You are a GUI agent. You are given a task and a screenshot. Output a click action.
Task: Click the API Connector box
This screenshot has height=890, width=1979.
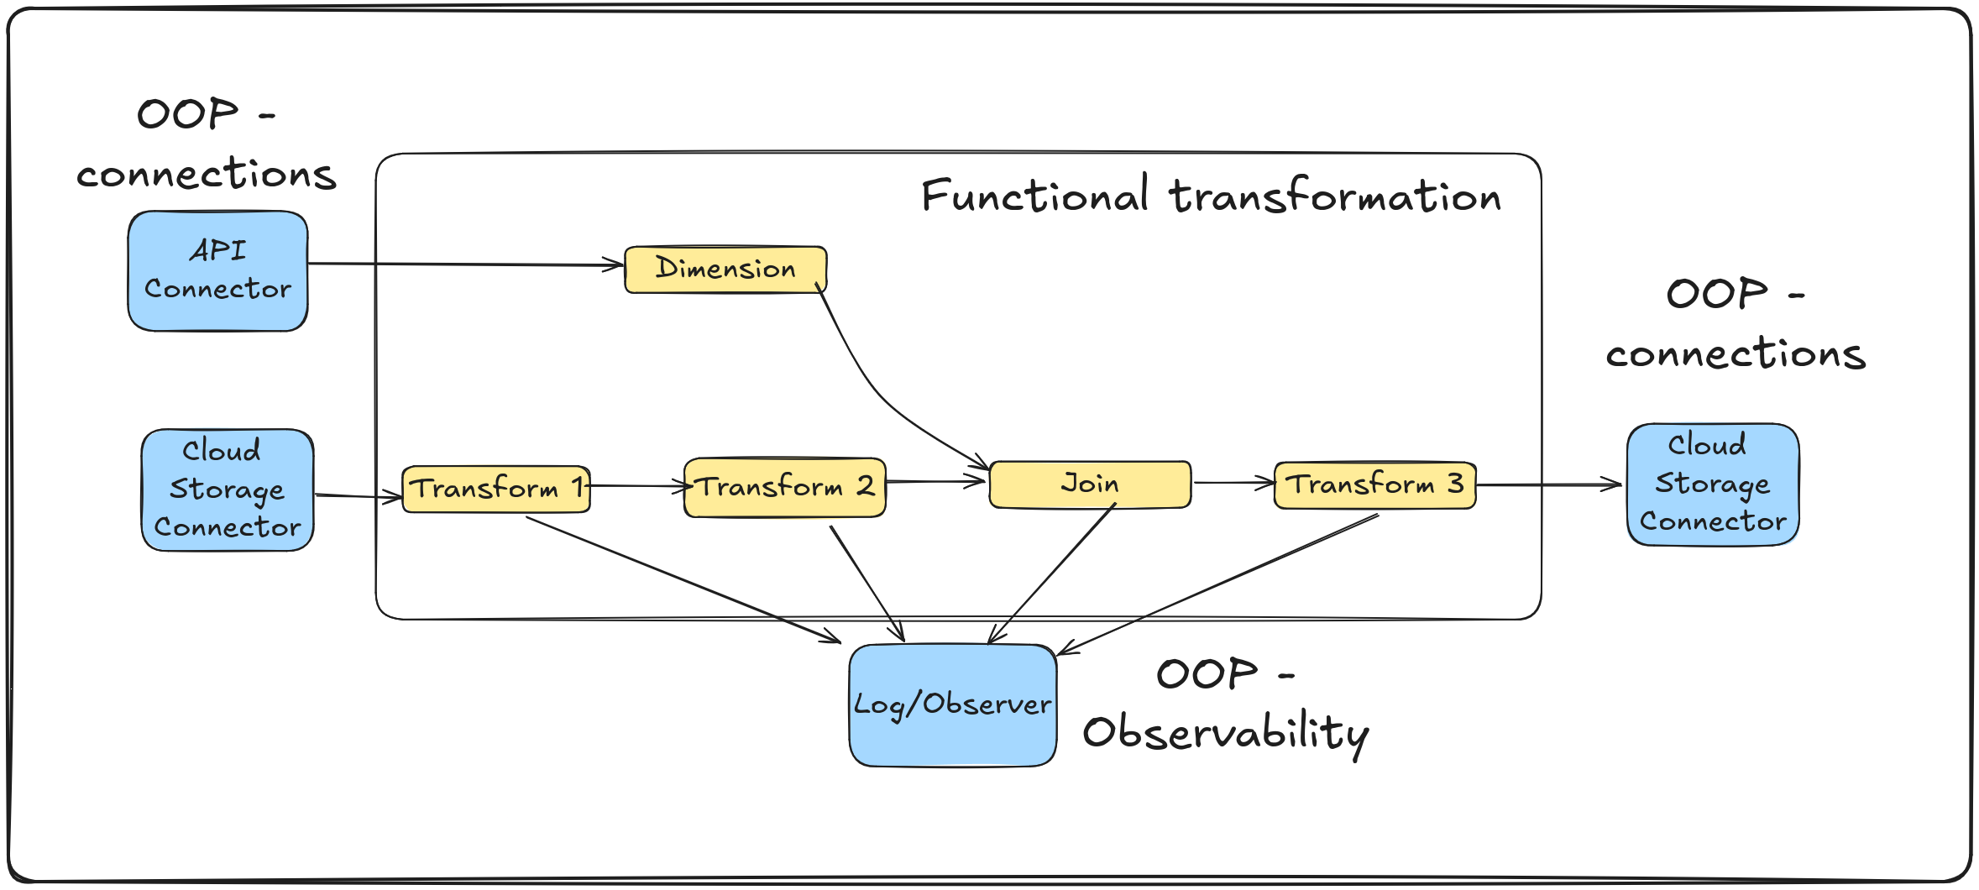[217, 270]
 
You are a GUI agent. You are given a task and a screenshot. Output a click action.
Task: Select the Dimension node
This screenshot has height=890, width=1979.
[725, 269]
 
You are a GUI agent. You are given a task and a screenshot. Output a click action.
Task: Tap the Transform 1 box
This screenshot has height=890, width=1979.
[495, 489]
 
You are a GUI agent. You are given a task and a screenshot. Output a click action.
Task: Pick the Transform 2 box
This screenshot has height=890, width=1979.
[785, 487]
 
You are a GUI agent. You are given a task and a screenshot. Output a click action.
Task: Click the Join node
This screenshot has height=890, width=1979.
[1090, 484]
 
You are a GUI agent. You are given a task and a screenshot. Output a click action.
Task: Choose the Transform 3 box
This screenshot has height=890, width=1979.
[1374, 484]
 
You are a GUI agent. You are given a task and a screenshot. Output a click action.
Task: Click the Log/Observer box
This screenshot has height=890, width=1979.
[952, 704]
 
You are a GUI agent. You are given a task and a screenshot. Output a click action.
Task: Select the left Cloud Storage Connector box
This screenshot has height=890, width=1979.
[228, 489]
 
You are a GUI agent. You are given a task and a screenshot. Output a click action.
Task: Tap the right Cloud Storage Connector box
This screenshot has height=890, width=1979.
[1713, 484]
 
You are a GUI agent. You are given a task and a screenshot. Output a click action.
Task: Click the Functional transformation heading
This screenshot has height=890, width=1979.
[1210, 196]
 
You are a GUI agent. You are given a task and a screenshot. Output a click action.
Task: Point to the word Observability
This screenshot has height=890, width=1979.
[1226, 733]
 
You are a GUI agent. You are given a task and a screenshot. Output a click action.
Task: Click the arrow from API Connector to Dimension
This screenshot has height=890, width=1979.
[466, 264]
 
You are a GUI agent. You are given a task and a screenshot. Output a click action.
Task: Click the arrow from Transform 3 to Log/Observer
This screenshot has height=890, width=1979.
[1217, 583]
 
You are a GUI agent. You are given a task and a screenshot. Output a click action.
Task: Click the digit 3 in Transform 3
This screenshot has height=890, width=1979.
[1455, 483]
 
